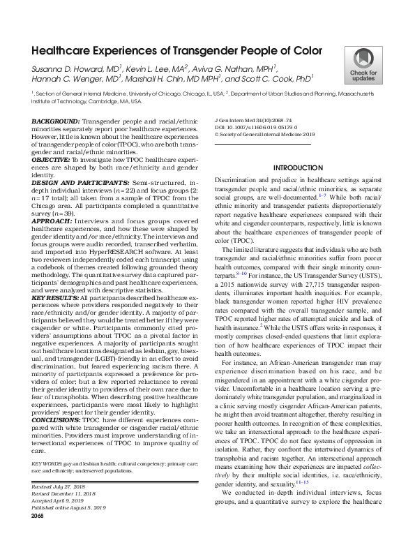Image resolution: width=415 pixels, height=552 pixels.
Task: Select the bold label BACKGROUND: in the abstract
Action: tap(55, 121)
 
